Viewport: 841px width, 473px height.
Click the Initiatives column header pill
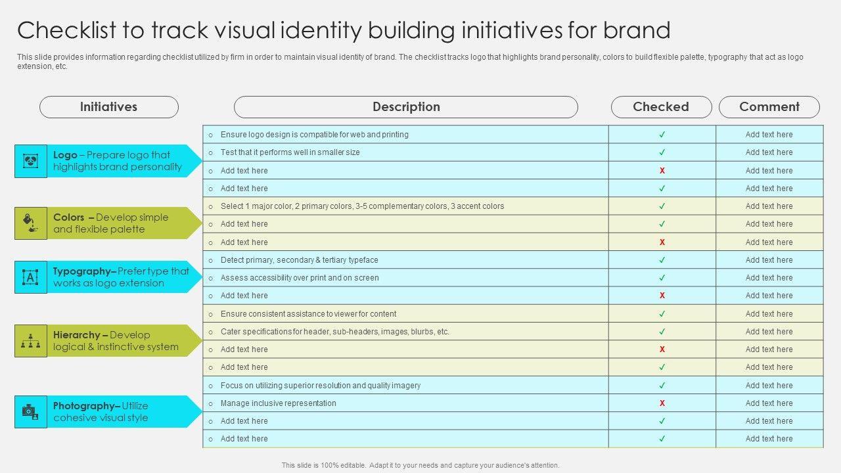pyautogui.click(x=109, y=107)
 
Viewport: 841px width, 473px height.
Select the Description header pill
pyautogui.click(x=406, y=107)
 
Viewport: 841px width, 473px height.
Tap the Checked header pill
pyautogui.click(x=661, y=107)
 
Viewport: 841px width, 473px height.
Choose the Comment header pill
pyautogui.click(x=769, y=107)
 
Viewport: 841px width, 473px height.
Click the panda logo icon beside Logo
pyautogui.click(x=31, y=161)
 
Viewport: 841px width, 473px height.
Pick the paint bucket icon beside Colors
pyautogui.click(x=31, y=223)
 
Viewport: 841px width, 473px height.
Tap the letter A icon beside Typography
pyautogui.click(x=31, y=277)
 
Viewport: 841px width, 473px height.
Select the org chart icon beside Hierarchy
pyautogui.click(x=31, y=340)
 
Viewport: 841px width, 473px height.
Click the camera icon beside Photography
pyautogui.click(x=31, y=412)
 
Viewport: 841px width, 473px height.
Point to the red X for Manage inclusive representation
pyautogui.click(x=662, y=403)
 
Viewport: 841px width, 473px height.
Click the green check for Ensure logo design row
pyautogui.click(x=662, y=135)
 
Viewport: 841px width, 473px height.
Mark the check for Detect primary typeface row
pyautogui.click(x=662, y=260)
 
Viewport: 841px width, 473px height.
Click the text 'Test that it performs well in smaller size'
pyautogui.click(x=290, y=152)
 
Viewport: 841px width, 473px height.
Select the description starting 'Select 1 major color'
pyautogui.click(x=362, y=206)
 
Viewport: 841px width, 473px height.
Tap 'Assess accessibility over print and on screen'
pyautogui.click(x=300, y=278)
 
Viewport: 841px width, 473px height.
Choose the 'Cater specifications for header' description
pyautogui.click(x=334, y=332)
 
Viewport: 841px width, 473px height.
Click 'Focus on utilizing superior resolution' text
pyautogui.click(x=320, y=386)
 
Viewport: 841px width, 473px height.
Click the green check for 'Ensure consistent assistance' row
pyautogui.click(x=662, y=314)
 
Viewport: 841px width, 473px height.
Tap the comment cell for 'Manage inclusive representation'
pyautogui.click(x=769, y=403)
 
